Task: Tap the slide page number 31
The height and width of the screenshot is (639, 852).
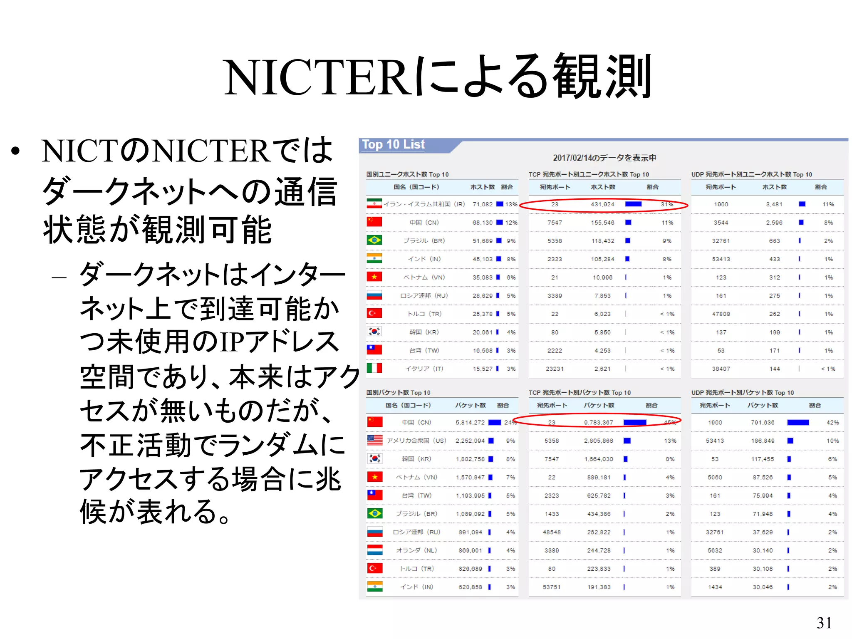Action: coord(824,623)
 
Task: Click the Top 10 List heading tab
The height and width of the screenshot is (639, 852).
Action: coord(393,144)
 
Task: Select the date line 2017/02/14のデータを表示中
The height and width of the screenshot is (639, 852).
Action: coord(604,158)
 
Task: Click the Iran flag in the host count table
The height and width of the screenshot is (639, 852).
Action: coord(374,204)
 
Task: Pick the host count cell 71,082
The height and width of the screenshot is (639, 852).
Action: coord(482,204)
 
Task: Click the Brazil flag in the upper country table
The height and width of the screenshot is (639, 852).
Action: coord(374,240)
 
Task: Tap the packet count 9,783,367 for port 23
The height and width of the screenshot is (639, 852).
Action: coord(598,422)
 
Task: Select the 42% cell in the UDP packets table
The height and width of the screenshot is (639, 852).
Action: coord(832,422)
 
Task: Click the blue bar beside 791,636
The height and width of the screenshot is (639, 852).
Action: coord(798,422)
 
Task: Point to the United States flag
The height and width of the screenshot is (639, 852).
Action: coord(374,440)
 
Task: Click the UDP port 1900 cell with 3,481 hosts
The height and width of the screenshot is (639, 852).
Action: coord(721,204)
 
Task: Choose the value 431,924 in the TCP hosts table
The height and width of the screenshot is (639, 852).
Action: coord(602,204)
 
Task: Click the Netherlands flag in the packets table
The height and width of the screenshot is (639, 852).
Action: coord(374,550)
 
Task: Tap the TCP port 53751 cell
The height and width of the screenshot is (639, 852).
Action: coord(552,587)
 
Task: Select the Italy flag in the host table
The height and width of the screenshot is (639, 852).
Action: coord(374,368)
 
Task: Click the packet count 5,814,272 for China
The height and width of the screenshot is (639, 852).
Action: coord(470,422)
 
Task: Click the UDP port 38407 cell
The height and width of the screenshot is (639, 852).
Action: coord(721,369)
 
